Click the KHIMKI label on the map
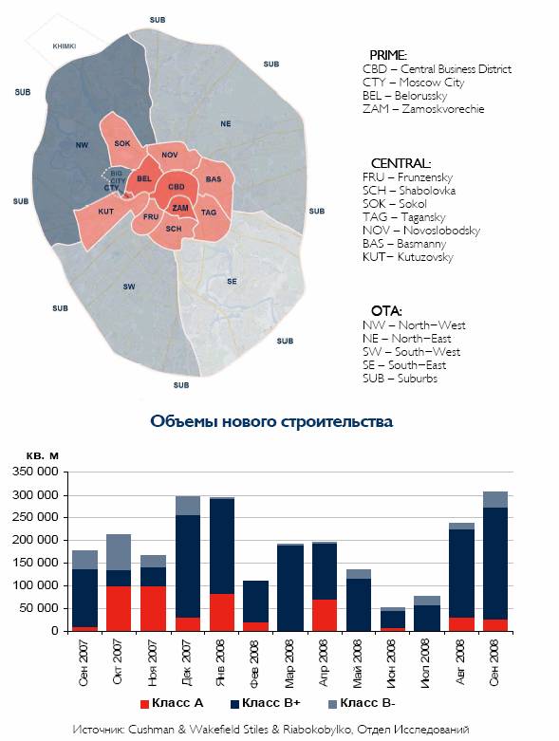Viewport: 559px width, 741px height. click(x=65, y=46)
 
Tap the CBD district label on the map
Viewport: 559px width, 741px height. click(x=177, y=187)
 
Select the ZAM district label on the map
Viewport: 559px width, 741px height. click(x=180, y=208)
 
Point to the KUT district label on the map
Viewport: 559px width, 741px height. click(x=106, y=212)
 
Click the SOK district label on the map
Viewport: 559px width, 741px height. click(x=121, y=143)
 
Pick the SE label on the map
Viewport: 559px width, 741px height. click(x=232, y=281)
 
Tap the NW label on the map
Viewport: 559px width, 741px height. click(x=82, y=145)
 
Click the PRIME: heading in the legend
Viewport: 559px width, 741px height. click(x=388, y=55)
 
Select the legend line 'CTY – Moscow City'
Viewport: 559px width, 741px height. click(x=414, y=83)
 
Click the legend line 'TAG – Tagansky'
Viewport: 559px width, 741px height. click(x=404, y=217)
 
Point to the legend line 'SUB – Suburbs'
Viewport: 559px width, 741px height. click(x=400, y=378)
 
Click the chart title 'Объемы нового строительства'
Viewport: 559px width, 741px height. click(x=271, y=421)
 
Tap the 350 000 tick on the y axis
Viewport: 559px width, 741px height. click(x=35, y=472)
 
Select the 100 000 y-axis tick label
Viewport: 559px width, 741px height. click(x=35, y=585)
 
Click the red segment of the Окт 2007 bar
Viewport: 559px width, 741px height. click(x=118, y=609)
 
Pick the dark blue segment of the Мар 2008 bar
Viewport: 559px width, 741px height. click(x=289, y=588)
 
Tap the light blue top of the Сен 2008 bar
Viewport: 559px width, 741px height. click(x=495, y=499)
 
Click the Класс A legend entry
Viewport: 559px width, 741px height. click(x=172, y=703)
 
